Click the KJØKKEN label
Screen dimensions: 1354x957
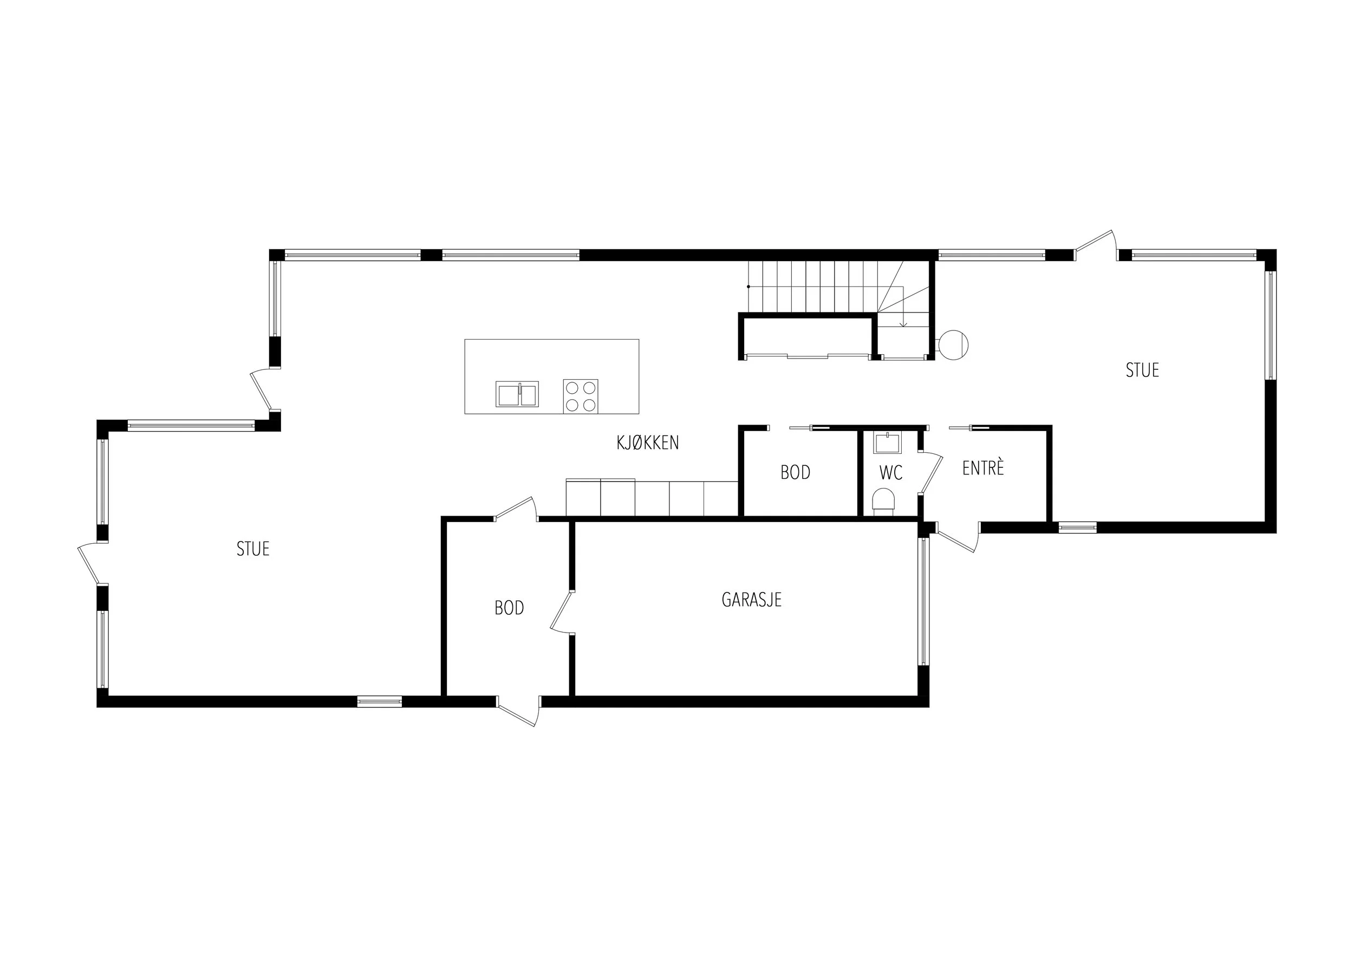pyautogui.click(x=648, y=442)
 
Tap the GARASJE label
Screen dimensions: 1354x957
pyautogui.click(x=751, y=600)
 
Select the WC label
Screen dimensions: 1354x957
pyautogui.click(x=890, y=473)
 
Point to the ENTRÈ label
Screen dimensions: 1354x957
pyautogui.click(x=983, y=467)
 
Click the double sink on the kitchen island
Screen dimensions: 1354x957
pyautogui.click(x=517, y=394)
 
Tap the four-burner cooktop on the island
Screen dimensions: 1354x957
pyautogui.click(x=580, y=396)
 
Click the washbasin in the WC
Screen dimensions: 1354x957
pyautogui.click(x=888, y=442)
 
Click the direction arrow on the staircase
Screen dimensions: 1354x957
pyautogui.click(x=903, y=307)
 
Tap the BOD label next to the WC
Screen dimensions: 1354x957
pyautogui.click(x=795, y=472)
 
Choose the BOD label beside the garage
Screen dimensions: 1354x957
pyautogui.click(x=509, y=608)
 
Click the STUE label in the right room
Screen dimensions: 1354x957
pyautogui.click(x=1142, y=370)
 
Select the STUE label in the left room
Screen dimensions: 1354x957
pyautogui.click(x=253, y=549)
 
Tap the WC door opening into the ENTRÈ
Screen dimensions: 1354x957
pyautogui.click(x=930, y=472)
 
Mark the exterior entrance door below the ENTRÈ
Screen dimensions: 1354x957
pyautogui.click(x=958, y=538)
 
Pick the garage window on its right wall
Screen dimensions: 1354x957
pyautogui.click(x=923, y=601)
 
